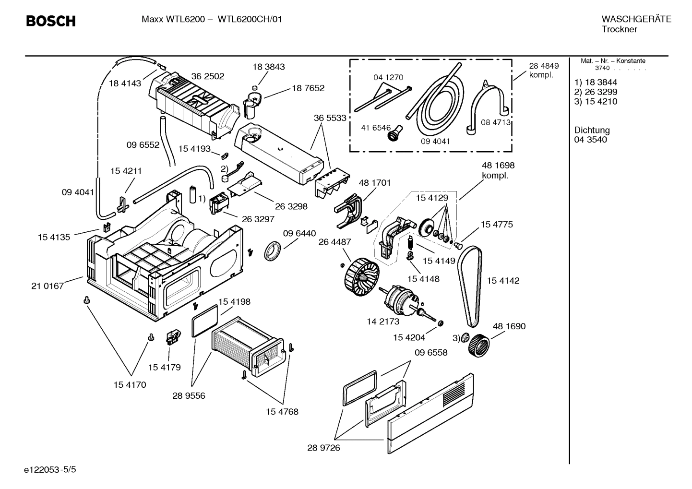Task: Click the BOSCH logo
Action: point(50,21)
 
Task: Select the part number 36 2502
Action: point(207,76)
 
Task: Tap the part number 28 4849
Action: point(544,66)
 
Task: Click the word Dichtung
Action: point(592,130)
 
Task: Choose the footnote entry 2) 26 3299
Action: point(596,92)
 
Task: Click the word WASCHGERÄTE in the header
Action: point(636,20)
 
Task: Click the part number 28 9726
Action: point(323,448)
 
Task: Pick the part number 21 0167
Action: point(48,286)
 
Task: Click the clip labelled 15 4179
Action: point(172,337)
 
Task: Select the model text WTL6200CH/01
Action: point(250,20)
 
